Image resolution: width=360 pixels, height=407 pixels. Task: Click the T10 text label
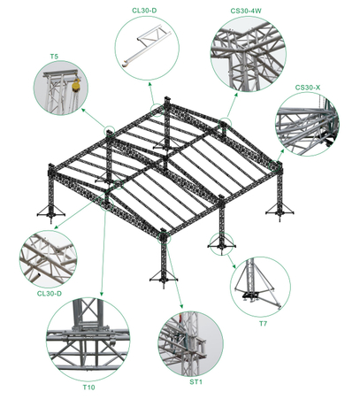coord(89,388)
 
